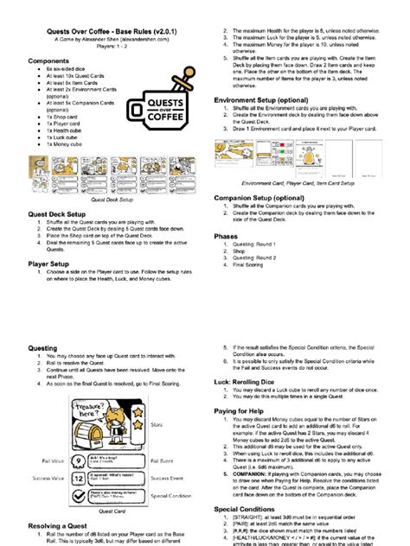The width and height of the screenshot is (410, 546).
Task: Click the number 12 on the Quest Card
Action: point(77,476)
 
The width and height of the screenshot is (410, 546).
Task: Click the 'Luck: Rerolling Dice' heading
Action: point(257,380)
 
